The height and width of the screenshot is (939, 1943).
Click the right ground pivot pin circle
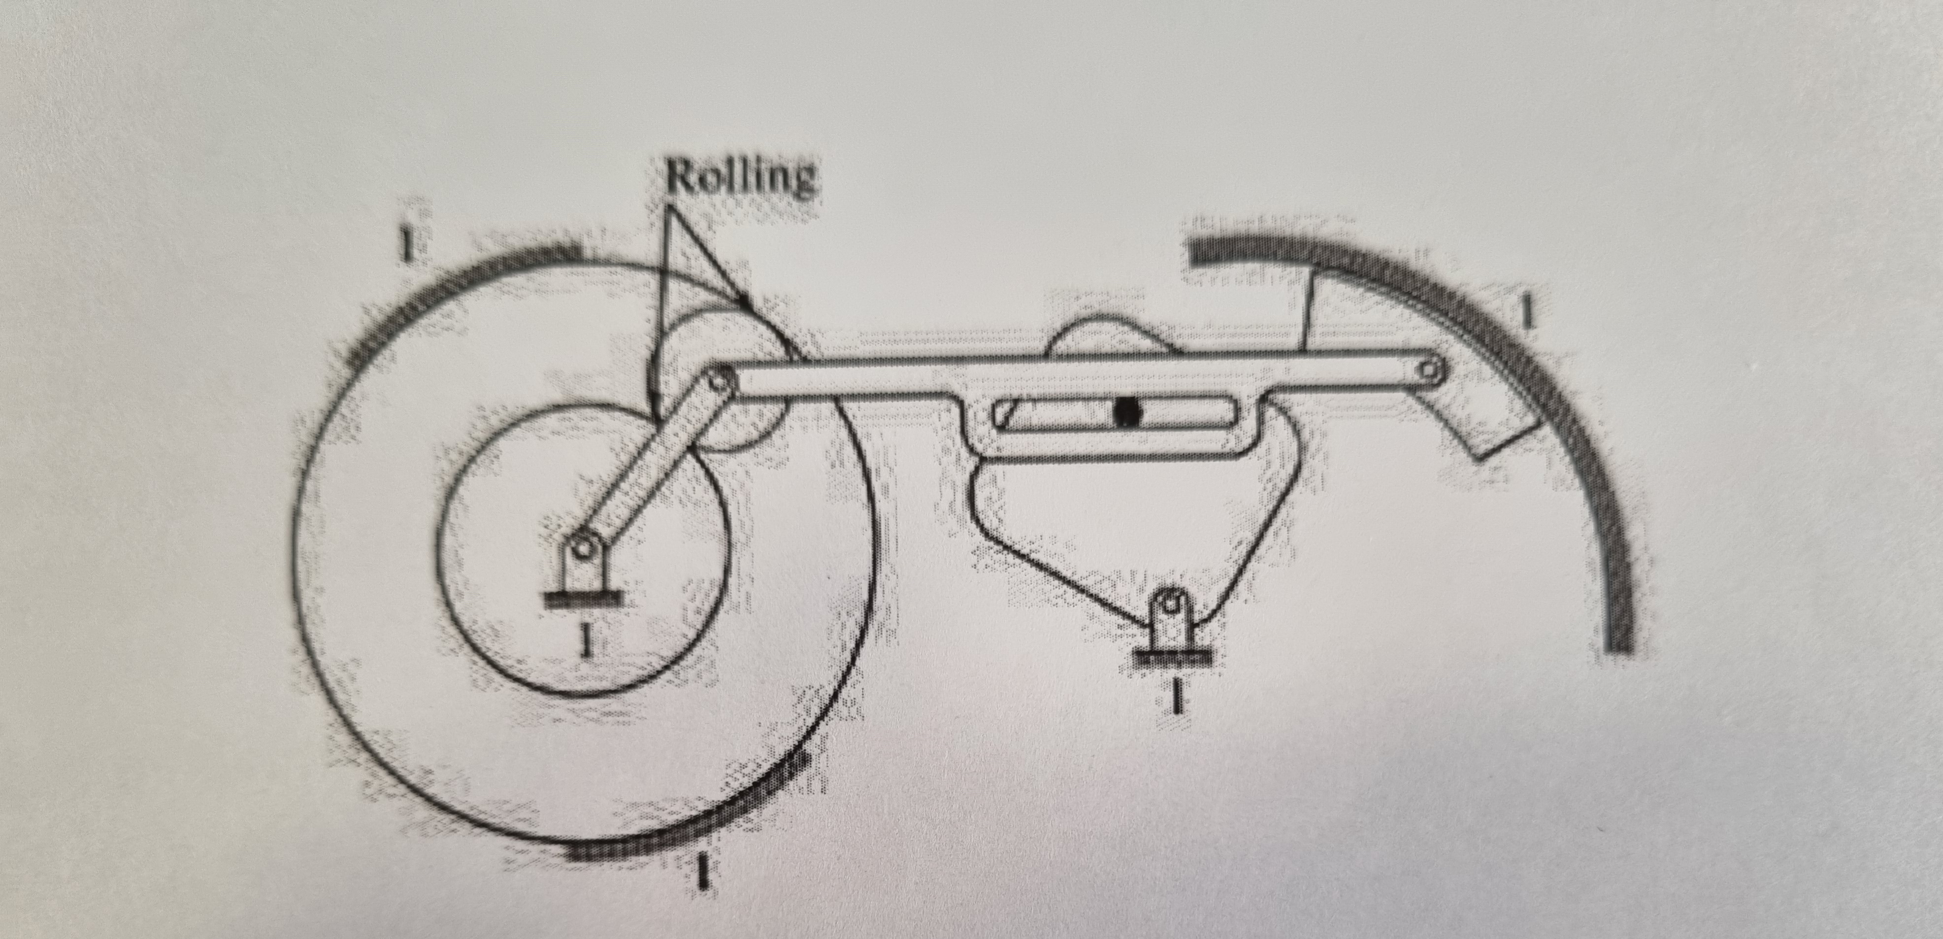tap(1170, 604)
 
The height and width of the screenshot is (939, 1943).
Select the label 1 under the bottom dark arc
tap(703, 871)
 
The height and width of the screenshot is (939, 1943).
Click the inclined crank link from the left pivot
tap(649, 464)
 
